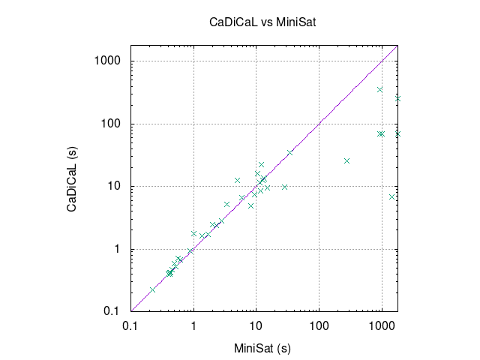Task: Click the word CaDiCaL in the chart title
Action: (233, 22)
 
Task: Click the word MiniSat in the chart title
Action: (296, 22)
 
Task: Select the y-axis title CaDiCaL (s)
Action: (72, 179)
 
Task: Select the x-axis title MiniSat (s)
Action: (262, 348)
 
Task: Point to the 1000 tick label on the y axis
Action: (107, 61)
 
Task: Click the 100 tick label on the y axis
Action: (111, 124)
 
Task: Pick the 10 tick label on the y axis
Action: (114, 186)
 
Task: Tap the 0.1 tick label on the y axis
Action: (111, 311)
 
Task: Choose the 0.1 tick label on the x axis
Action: (130, 326)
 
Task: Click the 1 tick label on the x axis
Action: (193, 326)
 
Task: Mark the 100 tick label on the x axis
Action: (319, 326)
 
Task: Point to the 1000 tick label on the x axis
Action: (382, 326)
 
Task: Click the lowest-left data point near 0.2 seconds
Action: (152, 289)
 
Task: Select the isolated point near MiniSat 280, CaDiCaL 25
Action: (346, 160)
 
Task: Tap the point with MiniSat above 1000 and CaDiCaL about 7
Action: (391, 196)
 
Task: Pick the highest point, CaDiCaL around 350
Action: (380, 90)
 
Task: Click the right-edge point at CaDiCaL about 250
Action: (397, 98)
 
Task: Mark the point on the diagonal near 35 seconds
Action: (290, 152)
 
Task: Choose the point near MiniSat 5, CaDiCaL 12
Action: (237, 180)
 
